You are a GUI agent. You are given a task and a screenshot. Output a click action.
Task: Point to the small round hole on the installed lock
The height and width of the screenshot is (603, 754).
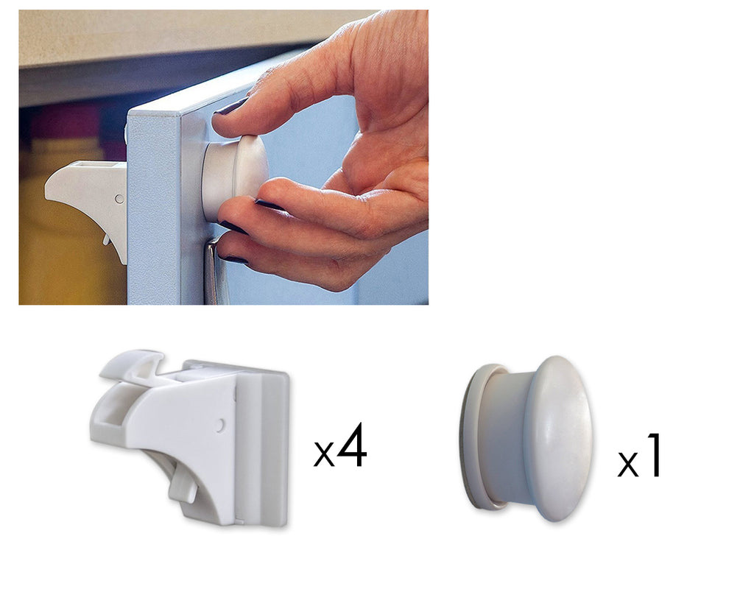[x=119, y=199]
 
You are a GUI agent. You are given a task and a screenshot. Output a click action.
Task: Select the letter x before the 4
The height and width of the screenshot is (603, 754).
[x=324, y=455]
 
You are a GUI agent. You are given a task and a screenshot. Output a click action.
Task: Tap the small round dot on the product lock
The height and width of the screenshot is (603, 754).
[x=219, y=425]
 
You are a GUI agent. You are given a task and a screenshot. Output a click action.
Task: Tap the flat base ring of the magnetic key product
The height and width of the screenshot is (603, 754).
[x=473, y=437]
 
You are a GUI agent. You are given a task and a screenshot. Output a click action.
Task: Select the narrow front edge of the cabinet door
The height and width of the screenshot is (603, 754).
[x=155, y=211]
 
